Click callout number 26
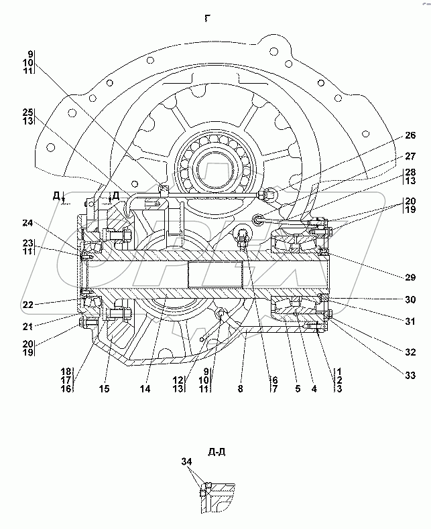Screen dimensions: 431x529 pyautogui.click(x=410, y=135)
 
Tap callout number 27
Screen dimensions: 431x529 pyautogui.click(x=410, y=156)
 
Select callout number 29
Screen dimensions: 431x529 pyautogui.click(x=410, y=277)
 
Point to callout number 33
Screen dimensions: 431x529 pyautogui.click(x=410, y=375)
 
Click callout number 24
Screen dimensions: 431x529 pyautogui.click(x=27, y=223)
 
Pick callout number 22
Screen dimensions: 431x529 pyautogui.click(x=27, y=305)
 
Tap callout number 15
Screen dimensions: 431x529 pyautogui.click(x=105, y=388)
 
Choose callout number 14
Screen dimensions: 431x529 pyautogui.click(x=145, y=388)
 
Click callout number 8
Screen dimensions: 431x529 pyautogui.click(x=240, y=388)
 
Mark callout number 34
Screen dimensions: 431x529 pyautogui.click(x=186, y=461)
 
